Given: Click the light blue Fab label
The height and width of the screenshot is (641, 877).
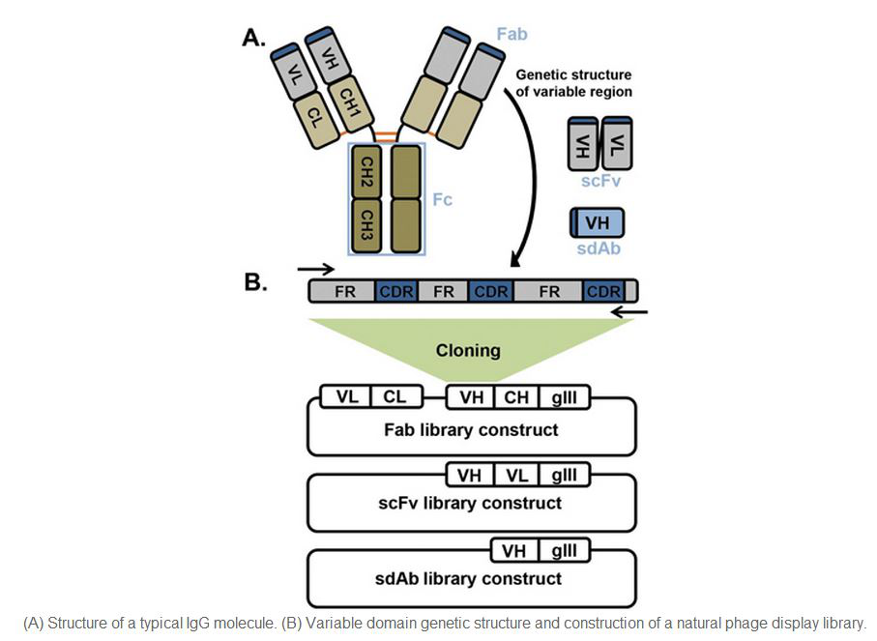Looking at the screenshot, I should pyautogui.click(x=512, y=35).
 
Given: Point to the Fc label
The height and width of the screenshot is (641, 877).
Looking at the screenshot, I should pyautogui.click(x=440, y=200).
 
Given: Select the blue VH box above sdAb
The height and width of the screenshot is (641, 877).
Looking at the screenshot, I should pyautogui.click(x=597, y=224).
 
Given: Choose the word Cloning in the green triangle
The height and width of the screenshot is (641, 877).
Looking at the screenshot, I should pyautogui.click(x=469, y=350).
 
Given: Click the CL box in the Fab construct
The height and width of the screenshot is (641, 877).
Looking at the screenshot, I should pyautogui.click(x=395, y=395).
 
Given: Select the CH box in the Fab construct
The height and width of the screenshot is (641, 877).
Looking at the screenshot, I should pyautogui.click(x=516, y=395).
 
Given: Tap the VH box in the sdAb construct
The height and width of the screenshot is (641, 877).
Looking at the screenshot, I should pyautogui.click(x=514, y=550).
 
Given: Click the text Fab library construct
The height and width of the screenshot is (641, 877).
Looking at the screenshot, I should pyautogui.click(x=471, y=429).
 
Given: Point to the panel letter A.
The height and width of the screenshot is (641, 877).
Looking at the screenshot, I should pyautogui.click(x=254, y=38).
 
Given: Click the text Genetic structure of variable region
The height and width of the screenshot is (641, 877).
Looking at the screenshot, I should pyautogui.click(x=573, y=82).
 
